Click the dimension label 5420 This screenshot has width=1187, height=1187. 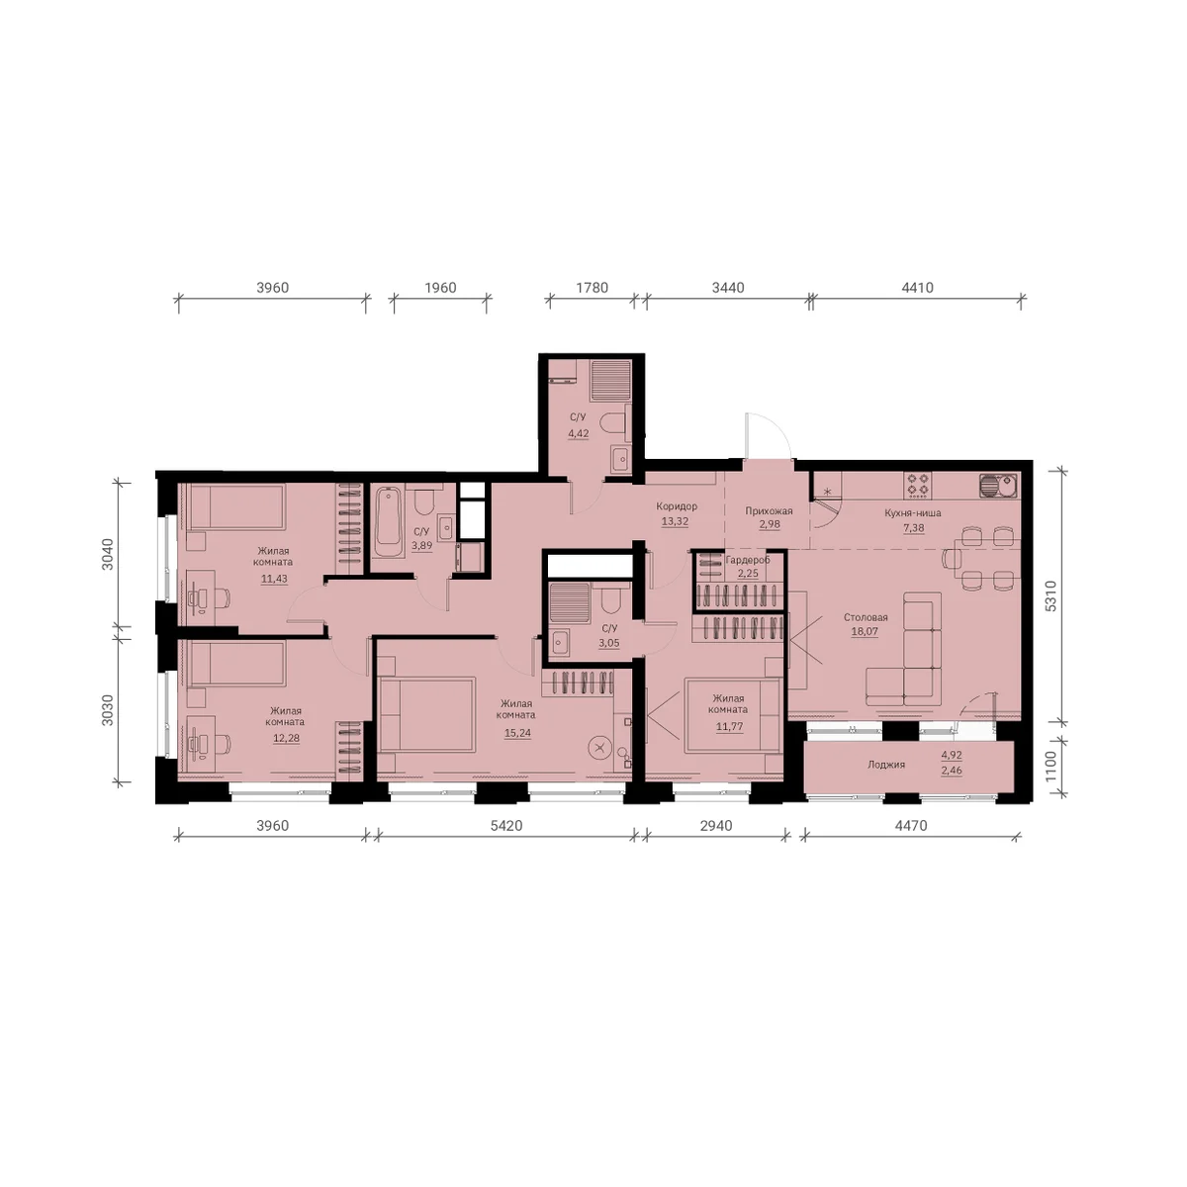[x=505, y=825]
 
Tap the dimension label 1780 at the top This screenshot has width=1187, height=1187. [x=592, y=288]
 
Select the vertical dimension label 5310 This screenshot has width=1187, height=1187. [x=1050, y=595]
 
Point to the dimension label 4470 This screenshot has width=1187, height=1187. [x=910, y=825]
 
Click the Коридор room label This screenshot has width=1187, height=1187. [x=677, y=506]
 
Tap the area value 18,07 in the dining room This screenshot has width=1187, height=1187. [x=865, y=631]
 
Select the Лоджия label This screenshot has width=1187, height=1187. [x=885, y=765]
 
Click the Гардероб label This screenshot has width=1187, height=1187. [x=748, y=560]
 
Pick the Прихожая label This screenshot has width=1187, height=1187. [x=769, y=510]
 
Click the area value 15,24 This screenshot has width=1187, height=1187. [x=516, y=733]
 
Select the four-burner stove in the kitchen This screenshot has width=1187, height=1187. [x=917, y=485]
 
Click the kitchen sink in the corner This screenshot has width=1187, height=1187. [x=998, y=485]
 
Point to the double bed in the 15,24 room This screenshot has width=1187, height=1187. [x=426, y=714]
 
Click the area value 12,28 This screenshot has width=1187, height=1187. [x=286, y=738]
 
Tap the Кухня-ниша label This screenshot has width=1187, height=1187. [x=913, y=512]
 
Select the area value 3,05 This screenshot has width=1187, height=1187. [x=608, y=643]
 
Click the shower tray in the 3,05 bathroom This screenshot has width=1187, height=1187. [x=570, y=601]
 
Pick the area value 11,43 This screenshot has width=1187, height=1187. [x=274, y=579]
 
